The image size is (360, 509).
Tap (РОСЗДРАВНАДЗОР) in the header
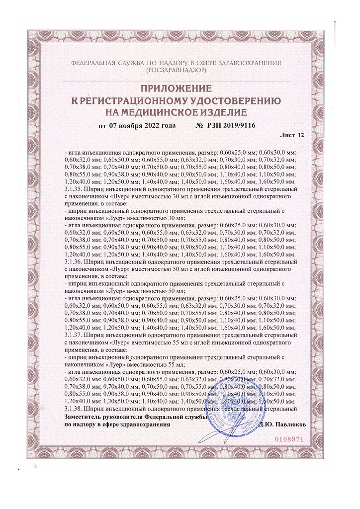176,71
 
